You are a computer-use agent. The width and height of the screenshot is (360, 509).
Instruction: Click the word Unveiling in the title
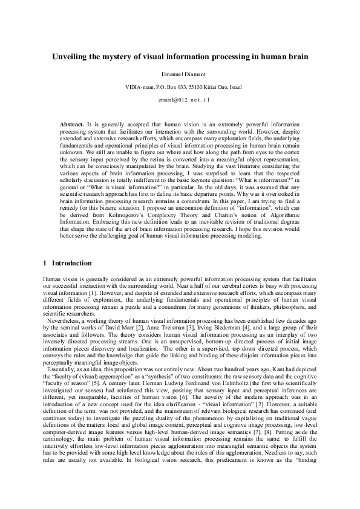(x=71, y=57)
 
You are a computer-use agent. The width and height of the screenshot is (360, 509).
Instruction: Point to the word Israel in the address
(x=233, y=87)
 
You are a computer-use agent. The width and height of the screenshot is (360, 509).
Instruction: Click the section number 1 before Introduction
(x=45, y=264)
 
